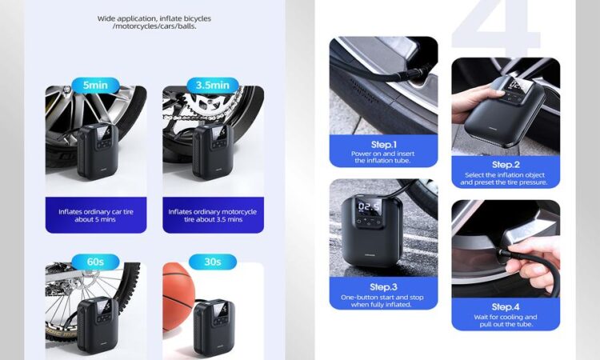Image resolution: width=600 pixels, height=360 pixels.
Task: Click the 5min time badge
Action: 96,85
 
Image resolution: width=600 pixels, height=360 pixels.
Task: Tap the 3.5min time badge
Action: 213,85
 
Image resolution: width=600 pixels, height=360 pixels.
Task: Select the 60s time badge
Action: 95,262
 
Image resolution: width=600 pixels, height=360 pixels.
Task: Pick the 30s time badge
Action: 212,262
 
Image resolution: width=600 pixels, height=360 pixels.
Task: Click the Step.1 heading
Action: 383,145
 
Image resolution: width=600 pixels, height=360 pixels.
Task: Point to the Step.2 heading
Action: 506,165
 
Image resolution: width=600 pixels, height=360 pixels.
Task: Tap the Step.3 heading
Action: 383,287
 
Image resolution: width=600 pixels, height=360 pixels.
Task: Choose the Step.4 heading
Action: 506,307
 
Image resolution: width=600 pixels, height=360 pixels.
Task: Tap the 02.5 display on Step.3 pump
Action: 369,207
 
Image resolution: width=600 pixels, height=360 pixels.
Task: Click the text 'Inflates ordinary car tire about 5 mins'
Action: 96,215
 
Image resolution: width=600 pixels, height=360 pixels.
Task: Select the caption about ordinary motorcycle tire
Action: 213,215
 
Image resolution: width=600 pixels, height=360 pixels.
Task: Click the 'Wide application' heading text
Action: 154,22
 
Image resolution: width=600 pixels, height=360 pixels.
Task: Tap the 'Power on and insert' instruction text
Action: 382,154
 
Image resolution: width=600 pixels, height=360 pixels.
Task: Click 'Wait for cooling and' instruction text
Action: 506,317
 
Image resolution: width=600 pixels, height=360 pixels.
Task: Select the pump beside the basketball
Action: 214,327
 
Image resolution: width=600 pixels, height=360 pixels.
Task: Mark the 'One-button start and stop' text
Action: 382,298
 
